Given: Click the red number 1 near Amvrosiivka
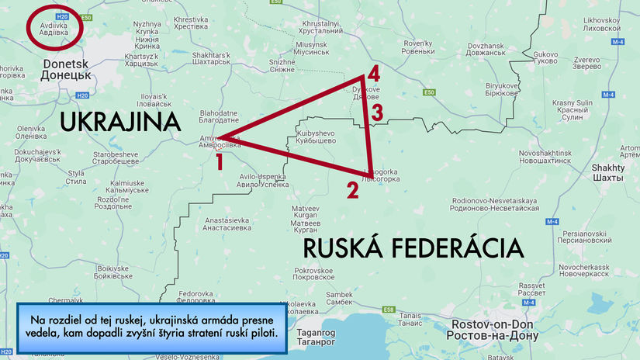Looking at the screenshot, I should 220,161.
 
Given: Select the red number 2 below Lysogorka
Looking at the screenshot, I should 352,189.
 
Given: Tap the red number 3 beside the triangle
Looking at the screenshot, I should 376,112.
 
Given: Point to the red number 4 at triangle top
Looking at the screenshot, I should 374,74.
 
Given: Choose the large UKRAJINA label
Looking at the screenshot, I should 120,122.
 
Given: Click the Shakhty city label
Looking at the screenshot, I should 607,172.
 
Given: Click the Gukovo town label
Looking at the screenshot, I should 547,59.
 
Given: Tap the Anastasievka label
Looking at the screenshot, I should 227,224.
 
